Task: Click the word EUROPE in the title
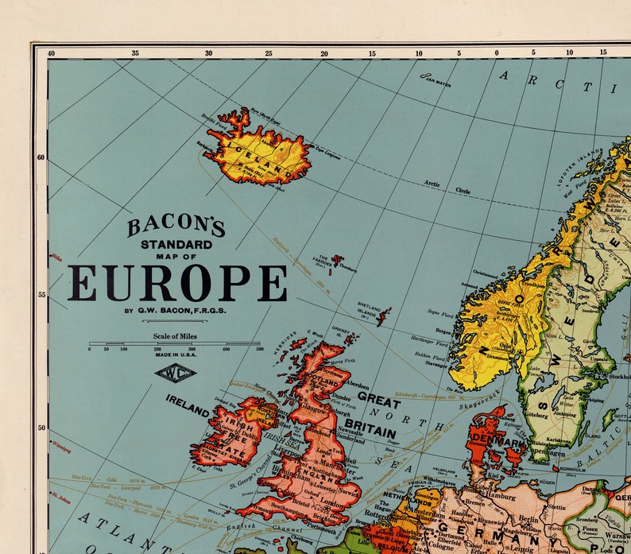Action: click(x=177, y=283)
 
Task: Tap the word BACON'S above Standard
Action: click(x=176, y=227)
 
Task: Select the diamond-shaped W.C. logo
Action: click(x=176, y=372)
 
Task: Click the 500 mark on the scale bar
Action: click(x=259, y=349)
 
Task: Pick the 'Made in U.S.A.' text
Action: click(x=176, y=355)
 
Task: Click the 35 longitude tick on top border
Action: click(x=135, y=53)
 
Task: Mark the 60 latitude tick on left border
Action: click(x=41, y=157)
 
